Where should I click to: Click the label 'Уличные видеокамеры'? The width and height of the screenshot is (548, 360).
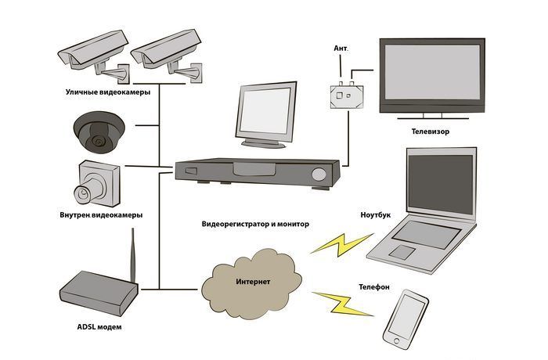[109, 92]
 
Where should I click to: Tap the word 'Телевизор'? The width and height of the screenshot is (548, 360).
[424, 132]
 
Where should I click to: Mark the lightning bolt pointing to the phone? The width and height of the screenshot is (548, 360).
[344, 304]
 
